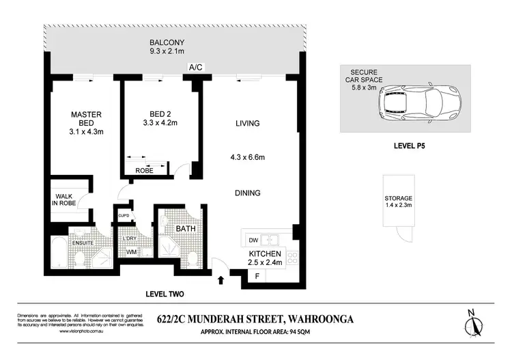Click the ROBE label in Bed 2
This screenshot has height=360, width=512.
[145, 171]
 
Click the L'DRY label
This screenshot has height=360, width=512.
[129, 238]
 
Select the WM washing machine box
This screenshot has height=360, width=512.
[131, 252]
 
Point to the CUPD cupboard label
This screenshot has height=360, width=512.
[124, 217]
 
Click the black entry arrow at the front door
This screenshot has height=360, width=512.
[220, 279]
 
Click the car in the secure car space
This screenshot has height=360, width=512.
[416, 104]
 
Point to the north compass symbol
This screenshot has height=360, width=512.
[472, 322]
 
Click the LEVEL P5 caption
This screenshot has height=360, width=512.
[406, 146]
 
